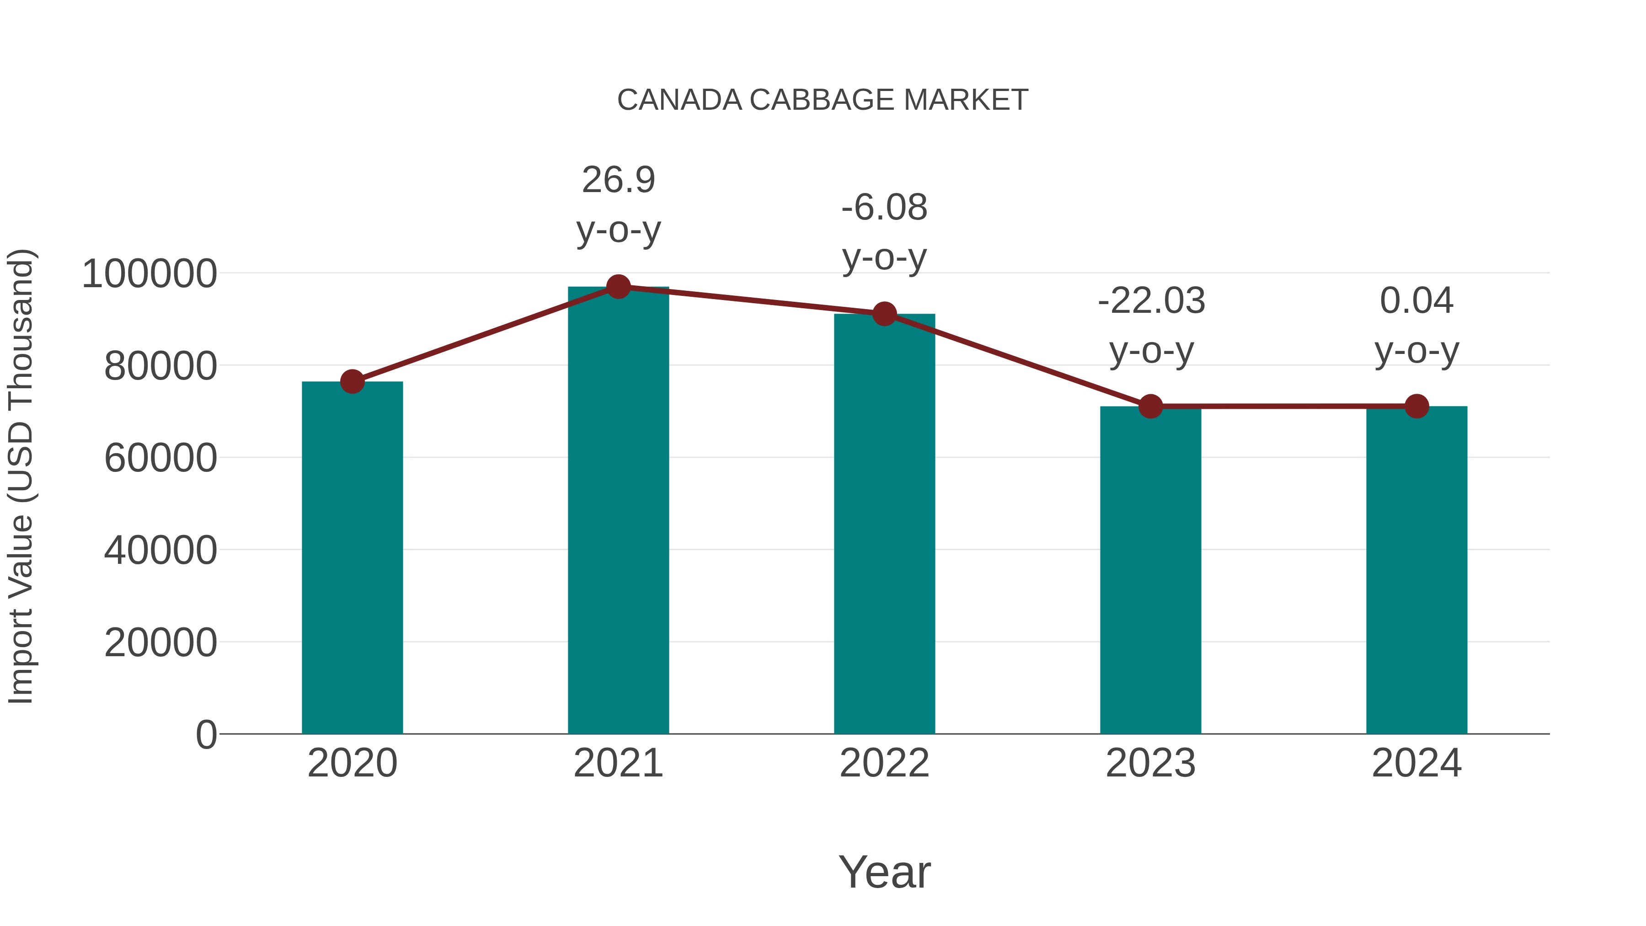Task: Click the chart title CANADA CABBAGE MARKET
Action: (x=823, y=100)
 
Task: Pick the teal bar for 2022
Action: (x=884, y=524)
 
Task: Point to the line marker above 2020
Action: (x=352, y=381)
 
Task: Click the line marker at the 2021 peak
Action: (x=618, y=287)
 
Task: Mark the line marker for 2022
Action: (x=884, y=314)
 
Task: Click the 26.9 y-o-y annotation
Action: (x=618, y=204)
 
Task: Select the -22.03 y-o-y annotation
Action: (x=1151, y=325)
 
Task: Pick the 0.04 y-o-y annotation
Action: (x=1416, y=325)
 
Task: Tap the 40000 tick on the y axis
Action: (x=160, y=550)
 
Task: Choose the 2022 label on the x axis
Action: (x=884, y=763)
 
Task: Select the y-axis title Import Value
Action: (x=21, y=477)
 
